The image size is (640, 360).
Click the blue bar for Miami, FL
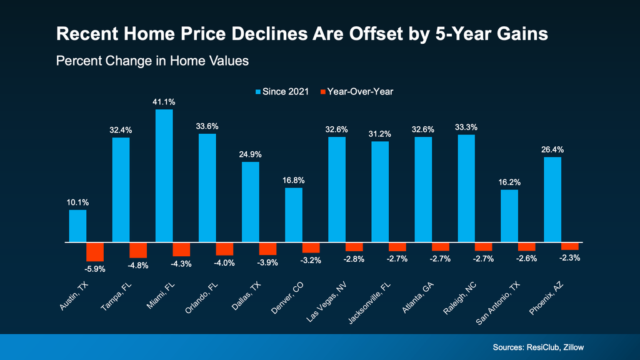[x=164, y=176]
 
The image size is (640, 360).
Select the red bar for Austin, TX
[x=95, y=252]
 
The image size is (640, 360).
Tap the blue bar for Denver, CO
[x=294, y=214]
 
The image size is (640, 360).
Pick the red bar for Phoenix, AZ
[x=570, y=246]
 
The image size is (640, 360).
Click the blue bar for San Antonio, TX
[x=509, y=216]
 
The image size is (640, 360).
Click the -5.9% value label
[x=95, y=269]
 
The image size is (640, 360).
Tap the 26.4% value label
[x=552, y=149]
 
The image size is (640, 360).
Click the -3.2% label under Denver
[x=311, y=261]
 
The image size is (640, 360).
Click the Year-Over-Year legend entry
[x=356, y=91]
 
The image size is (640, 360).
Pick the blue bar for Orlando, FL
[x=207, y=187]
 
